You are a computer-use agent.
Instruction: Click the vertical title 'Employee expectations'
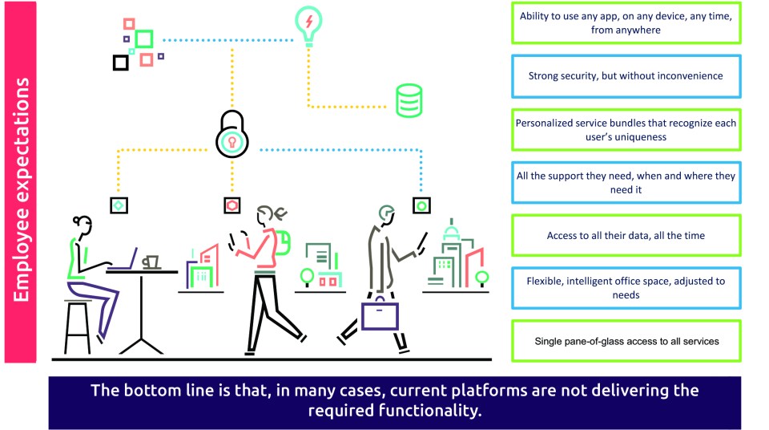[22, 189]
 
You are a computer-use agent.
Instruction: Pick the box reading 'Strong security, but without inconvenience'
[626, 76]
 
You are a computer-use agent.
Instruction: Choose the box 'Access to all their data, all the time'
[626, 235]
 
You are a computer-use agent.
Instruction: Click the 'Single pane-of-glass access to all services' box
[626, 341]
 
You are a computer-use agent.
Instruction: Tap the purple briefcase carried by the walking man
[380, 315]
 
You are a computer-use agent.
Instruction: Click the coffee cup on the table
[150, 262]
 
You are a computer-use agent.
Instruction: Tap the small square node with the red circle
[232, 206]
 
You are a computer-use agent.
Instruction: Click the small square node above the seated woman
[119, 206]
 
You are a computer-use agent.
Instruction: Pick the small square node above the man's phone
[421, 206]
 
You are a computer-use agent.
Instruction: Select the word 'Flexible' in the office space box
[545, 282]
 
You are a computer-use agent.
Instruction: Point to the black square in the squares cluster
[120, 62]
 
